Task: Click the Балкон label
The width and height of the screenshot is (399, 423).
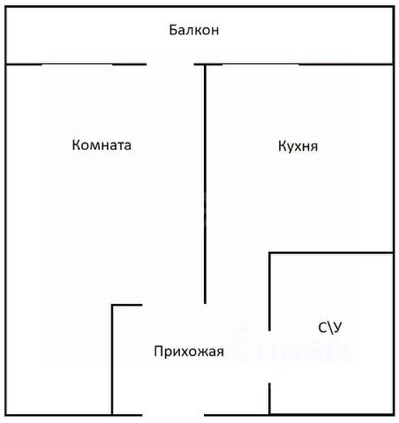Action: click(194, 30)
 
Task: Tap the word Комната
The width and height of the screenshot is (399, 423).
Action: click(102, 145)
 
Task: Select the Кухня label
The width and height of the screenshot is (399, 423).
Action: click(297, 146)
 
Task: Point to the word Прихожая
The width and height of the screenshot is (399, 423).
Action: click(189, 352)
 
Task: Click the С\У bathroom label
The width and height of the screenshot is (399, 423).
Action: click(330, 328)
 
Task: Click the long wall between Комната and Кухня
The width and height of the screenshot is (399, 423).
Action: click(205, 184)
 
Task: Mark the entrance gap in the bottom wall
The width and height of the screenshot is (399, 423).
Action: click(173, 415)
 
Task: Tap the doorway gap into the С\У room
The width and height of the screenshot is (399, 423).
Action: click(269, 357)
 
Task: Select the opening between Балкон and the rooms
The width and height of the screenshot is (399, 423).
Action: click(170, 64)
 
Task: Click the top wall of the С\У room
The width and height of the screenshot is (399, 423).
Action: click(331, 253)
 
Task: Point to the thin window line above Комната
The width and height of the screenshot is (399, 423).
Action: click(77, 64)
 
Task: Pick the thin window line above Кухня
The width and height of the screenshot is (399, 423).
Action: click(260, 64)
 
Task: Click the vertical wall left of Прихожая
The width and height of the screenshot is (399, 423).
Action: click(112, 360)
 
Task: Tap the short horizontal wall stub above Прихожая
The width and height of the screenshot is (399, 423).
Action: click(127, 305)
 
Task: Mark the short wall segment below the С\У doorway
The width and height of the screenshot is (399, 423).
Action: click(269, 398)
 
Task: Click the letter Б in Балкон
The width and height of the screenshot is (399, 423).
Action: click(173, 30)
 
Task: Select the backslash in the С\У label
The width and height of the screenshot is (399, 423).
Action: click(330, 328)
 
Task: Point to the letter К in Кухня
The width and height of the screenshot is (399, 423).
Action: click(282, 146)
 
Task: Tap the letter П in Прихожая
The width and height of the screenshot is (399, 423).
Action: click(158, 351)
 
